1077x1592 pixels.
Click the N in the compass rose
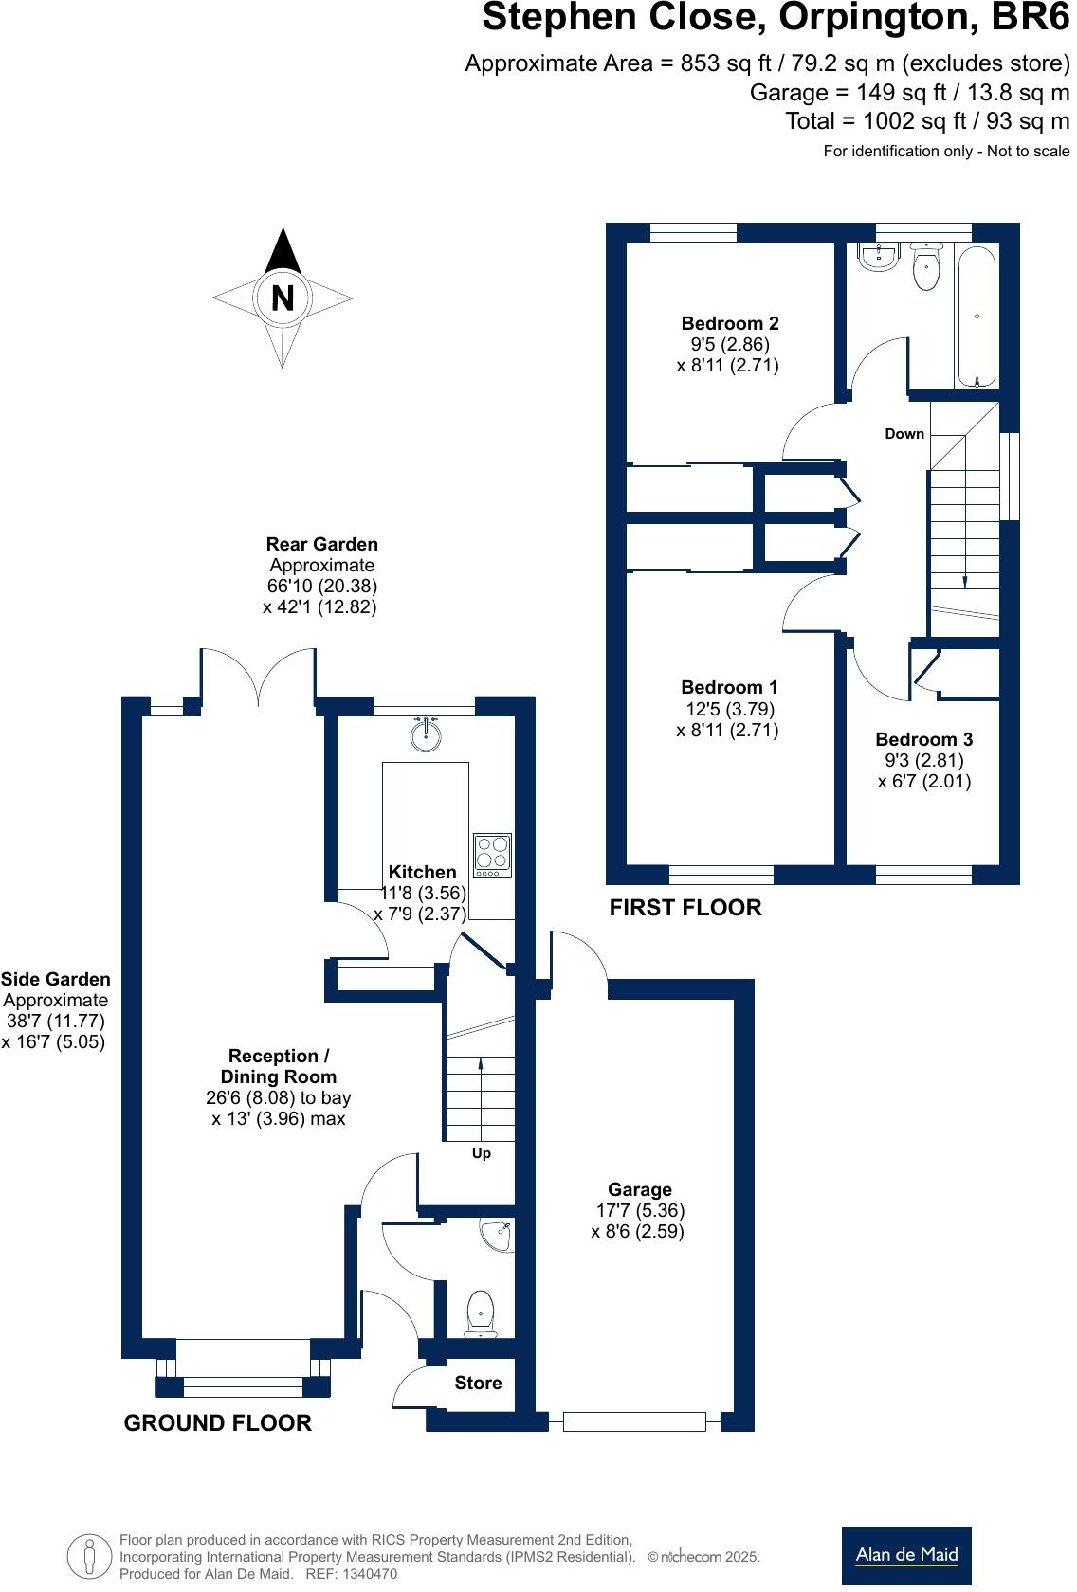pos(283,298)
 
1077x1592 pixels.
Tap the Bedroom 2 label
pos(730,324)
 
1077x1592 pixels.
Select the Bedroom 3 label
pos(923,739)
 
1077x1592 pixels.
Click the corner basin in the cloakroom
pos(497,1234)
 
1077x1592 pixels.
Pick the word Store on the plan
pos(478,1383)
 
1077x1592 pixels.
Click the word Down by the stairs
pos(904,434)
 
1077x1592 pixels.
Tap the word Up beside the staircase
pos(482,1153)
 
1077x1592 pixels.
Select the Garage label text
pos(640,1189)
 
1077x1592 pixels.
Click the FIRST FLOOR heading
pos(685,908)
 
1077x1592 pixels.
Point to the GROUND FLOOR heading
pos(217,1422)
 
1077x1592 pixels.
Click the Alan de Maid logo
pos(906,1554)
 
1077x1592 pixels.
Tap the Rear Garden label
pos(321,545)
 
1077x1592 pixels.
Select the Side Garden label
pos(56,980)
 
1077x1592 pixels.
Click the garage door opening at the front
pos(634,1421)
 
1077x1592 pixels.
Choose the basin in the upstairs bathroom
pos(879,256)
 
